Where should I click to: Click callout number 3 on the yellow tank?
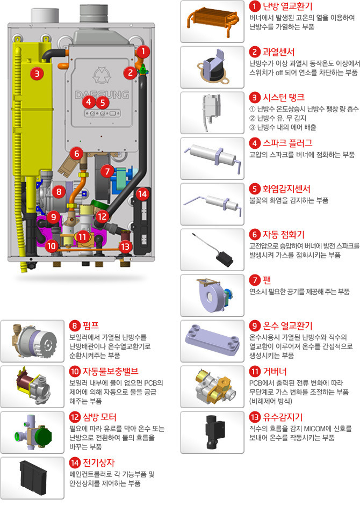click(x=37, y=74)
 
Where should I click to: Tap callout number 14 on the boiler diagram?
click(x=142, y=194)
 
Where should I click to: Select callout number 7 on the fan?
click(x=107, y=171)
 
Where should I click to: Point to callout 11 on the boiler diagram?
click(x=82, y=237)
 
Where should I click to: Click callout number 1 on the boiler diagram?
click(x=143, y=52)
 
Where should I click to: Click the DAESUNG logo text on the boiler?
click(x=102, y=95)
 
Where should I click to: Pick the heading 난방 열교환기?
click(x=287, y=6)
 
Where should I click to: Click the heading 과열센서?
click(x=278, y=52)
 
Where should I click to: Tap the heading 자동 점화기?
click(x=284, y=234)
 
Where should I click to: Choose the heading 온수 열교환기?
click(x=287, y=325)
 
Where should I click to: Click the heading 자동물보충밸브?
click(x=110, y=371)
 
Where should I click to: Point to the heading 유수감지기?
click(x=283, y=417)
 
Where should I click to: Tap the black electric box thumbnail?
click(x=33, y=478)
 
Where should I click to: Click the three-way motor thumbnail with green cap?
click(x=33, y=432)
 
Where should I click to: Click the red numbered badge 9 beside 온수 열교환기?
click(x=255, y=325)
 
